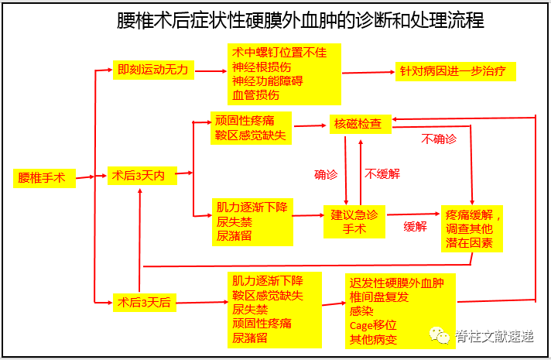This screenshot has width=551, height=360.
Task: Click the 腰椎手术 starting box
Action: (43, 178)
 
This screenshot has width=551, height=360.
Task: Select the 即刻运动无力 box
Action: (152, 70)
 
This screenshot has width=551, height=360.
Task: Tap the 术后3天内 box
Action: (142, 177)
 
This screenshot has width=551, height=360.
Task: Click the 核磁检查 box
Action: (358, 124)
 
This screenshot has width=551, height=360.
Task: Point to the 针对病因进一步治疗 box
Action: (456, 74)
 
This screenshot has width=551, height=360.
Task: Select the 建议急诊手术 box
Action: (354, 221)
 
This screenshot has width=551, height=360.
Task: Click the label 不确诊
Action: (439, 139)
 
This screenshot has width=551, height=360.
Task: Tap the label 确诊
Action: (326, 175)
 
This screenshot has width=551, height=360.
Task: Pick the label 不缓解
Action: (383, 174)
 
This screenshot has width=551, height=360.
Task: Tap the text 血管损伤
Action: (256, 96)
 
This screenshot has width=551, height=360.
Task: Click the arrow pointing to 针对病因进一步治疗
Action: (368, 74)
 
